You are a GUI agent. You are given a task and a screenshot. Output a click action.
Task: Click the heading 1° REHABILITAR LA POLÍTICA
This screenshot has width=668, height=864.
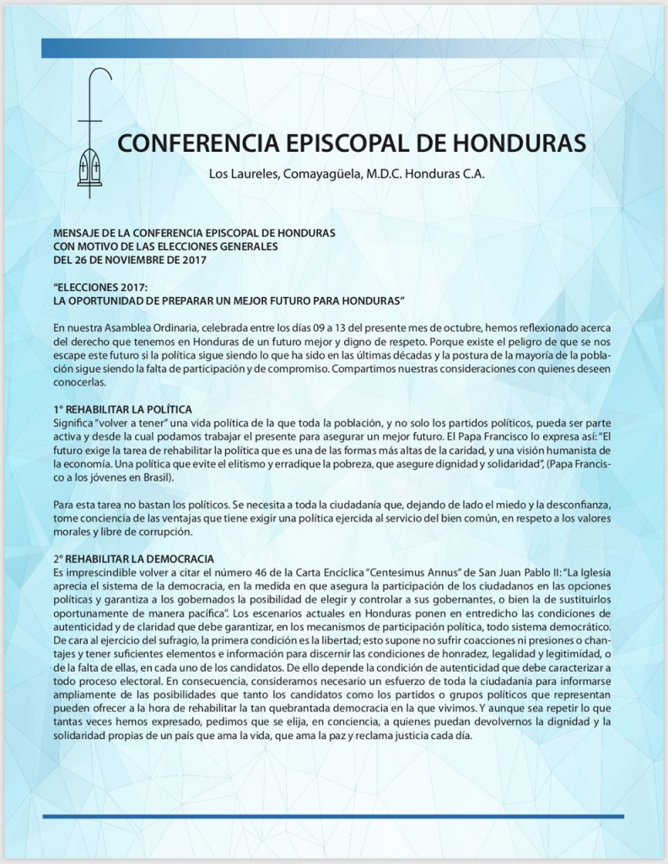click(122, 409)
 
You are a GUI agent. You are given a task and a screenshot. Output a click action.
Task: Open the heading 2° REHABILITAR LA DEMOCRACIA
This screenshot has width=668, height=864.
click(133, 559)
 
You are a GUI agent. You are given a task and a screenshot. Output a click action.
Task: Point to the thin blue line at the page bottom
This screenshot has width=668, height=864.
click(333, 816)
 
